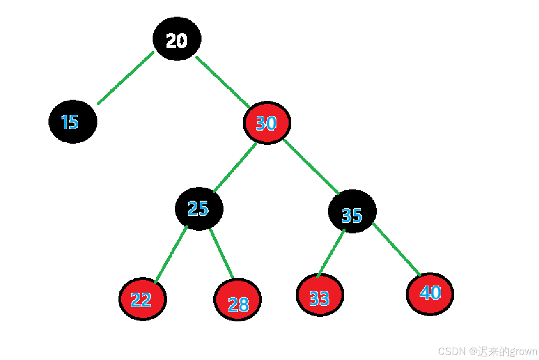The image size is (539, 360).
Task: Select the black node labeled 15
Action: [73, 122]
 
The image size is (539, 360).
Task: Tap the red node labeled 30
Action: [267, 123]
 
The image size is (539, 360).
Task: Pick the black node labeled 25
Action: [199, 209]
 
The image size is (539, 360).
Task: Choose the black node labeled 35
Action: [352, 212]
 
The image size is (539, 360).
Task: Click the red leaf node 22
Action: [143, 299]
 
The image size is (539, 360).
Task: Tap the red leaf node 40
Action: [430, 294]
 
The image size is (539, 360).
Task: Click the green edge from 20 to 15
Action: [126, 78]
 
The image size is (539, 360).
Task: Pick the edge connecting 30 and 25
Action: [235, 167]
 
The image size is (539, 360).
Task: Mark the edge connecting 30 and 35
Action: [311, 166]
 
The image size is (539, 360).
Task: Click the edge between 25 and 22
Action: [171, 255]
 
